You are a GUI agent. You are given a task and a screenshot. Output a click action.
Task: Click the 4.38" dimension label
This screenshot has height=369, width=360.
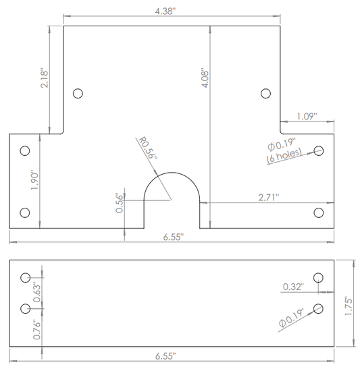[165, 11]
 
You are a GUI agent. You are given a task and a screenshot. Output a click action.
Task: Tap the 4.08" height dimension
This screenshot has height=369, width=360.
[205, 78]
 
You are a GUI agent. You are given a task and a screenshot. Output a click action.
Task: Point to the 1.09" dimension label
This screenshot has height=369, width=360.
[307, 116]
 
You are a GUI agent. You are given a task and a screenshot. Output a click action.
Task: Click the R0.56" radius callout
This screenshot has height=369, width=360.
[147, 148]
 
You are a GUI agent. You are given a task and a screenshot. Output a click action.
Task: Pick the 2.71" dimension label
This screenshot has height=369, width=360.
[269, 197]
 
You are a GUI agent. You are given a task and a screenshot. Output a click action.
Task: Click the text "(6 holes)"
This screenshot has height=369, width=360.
[284, 155]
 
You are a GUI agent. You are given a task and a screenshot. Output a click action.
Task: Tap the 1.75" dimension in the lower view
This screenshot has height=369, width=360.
[349, 306]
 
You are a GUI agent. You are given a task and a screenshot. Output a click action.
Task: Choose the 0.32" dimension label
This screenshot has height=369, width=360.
[293, 287]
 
